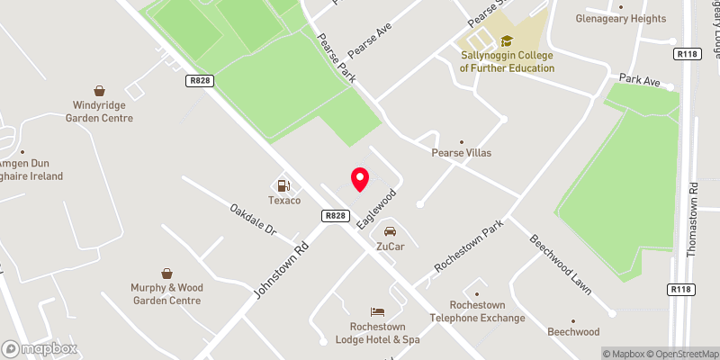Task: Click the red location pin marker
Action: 360,179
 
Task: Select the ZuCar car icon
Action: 390,231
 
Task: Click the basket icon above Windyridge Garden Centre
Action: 100,91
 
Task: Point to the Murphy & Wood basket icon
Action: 166,273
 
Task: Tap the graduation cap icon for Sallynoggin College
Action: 506,40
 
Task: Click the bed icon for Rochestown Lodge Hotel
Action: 380,310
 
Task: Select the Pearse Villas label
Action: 463,153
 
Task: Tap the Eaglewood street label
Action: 376,208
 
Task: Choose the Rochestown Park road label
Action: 467,247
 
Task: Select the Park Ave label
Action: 641,82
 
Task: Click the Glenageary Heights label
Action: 622,18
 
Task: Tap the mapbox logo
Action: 40,348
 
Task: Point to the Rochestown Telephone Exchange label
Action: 476,311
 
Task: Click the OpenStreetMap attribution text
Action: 681,354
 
